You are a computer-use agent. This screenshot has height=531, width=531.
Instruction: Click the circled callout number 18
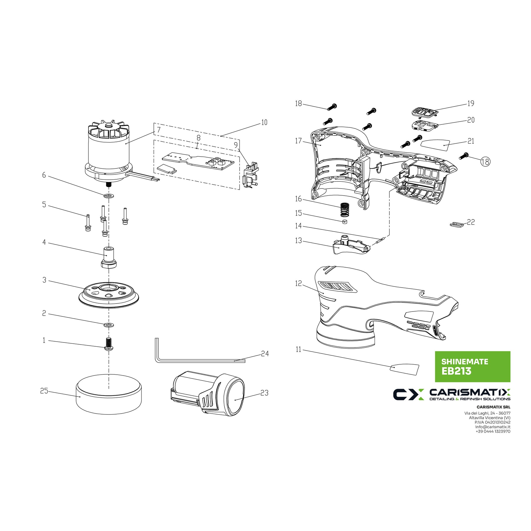[x=485, y=161]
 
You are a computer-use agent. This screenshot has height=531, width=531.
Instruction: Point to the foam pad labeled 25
[x=109, y=394]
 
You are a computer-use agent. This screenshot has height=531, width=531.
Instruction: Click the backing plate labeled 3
[x=109, y=295]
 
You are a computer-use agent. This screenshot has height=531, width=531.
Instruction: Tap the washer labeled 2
[x=109, y=325]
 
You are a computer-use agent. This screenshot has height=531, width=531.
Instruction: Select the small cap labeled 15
[x=345, y=222]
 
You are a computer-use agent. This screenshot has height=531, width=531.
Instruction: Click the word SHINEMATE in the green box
[x=465, y=362]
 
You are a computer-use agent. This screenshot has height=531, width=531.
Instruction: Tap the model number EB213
[x=456, y=371]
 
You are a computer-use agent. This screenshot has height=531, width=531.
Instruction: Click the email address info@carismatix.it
[x=493, y=427]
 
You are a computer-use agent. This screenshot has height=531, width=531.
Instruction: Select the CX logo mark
[x=409, y=394]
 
